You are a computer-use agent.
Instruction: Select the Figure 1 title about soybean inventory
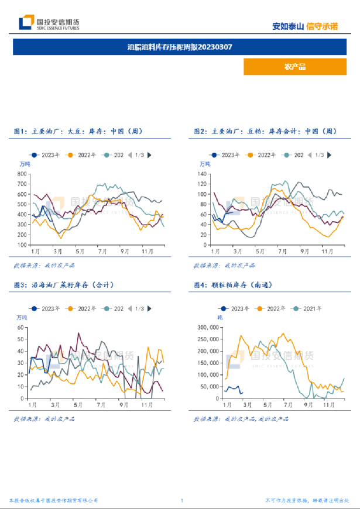click(78, 132)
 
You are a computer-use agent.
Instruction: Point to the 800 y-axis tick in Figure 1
click(22, 174)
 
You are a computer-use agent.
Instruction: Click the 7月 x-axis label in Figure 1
click(102, 252)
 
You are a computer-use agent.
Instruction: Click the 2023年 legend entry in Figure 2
click(227, 155)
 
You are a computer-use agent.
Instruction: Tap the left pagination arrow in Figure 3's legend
click(129, 308)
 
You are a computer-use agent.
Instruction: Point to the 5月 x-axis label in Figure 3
click(78, 405)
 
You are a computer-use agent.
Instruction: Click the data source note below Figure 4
click(241, 419)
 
